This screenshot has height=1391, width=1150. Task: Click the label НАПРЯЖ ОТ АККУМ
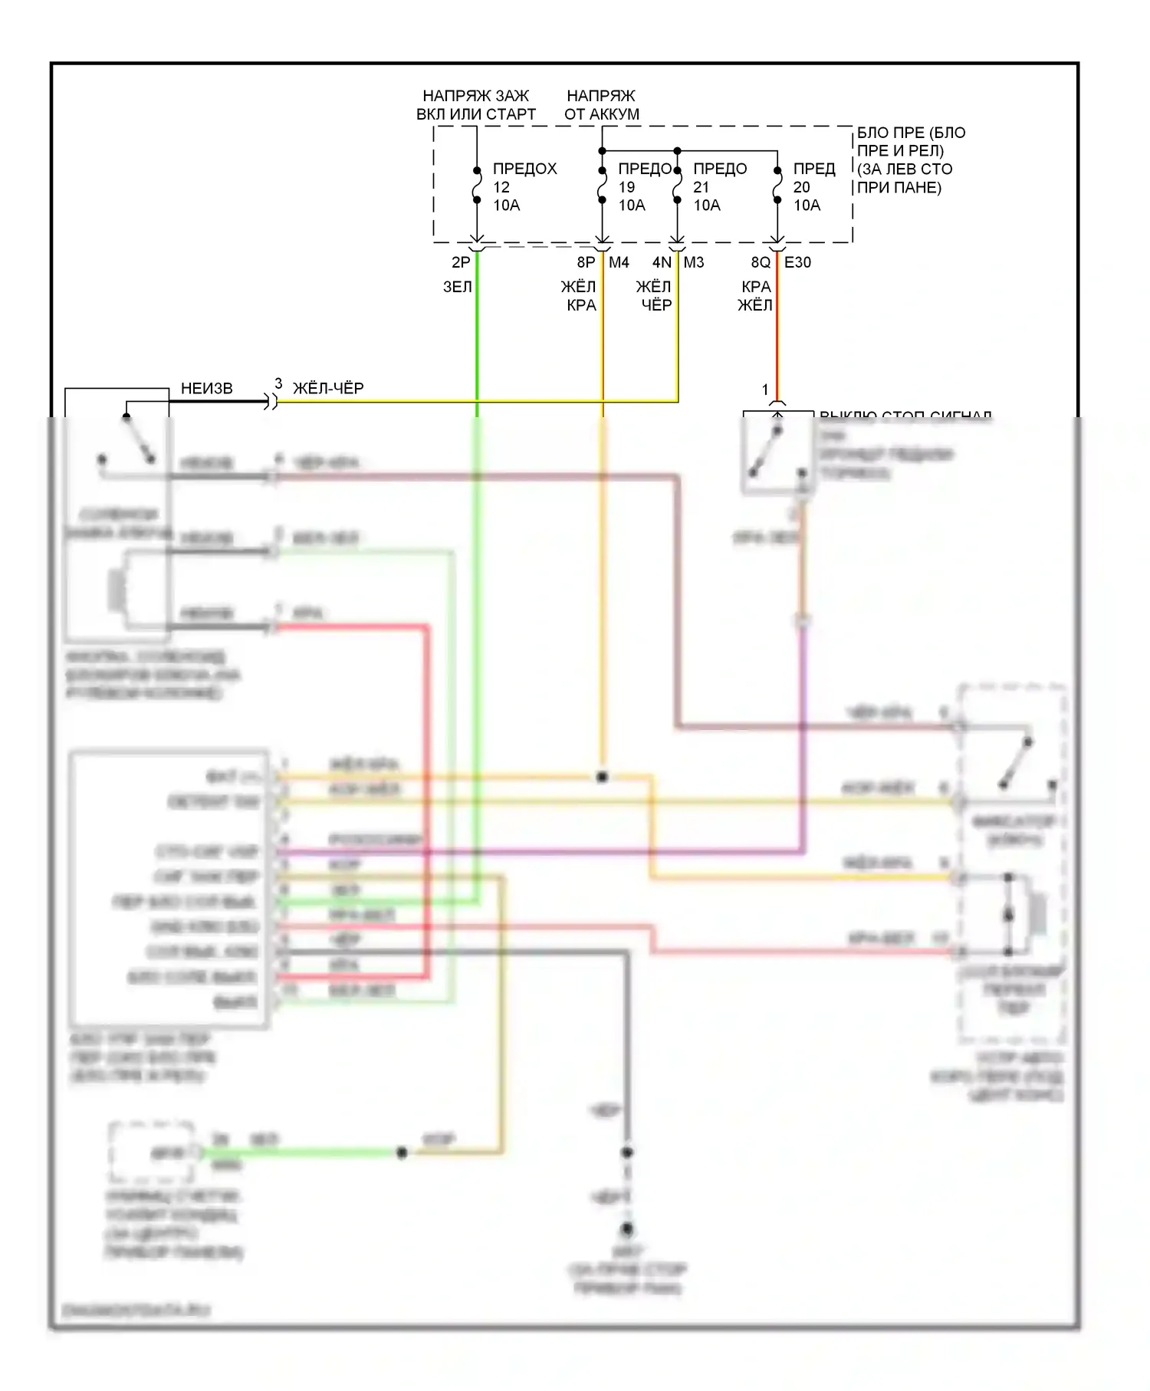601,105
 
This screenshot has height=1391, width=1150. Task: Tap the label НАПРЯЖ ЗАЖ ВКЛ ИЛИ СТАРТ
475,105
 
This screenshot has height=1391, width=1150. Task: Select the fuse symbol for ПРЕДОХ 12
476,185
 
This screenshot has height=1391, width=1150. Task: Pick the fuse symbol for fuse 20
777,185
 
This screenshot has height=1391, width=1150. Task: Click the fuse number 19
626,187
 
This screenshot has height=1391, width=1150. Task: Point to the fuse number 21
701,187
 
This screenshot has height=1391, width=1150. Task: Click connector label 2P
460,262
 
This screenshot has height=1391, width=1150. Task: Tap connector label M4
619,262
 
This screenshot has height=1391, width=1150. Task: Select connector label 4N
662,262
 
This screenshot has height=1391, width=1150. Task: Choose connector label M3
694,262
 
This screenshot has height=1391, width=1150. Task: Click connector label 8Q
761,262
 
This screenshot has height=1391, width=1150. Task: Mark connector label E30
797,262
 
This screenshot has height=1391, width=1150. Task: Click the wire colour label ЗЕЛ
458,287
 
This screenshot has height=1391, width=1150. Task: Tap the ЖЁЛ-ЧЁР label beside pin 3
328,389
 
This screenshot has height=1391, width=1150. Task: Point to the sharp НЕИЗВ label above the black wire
206,389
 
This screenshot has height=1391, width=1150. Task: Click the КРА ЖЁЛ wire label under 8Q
755,296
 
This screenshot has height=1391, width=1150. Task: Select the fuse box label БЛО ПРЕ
909,159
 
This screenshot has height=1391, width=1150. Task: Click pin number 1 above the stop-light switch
764,390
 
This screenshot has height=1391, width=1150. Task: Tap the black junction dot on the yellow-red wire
602,777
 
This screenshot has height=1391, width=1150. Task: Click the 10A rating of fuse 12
506,206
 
